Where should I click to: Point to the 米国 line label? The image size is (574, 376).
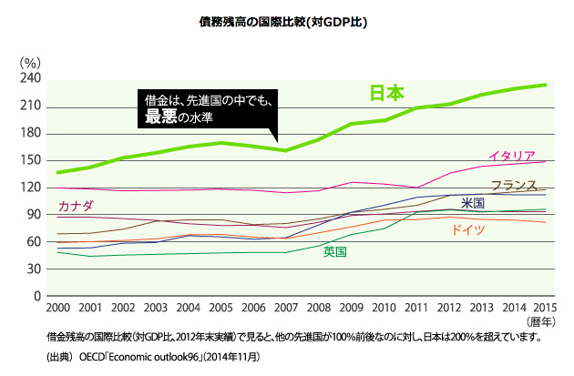click(472, 203)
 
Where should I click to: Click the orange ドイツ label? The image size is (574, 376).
click(466, 230)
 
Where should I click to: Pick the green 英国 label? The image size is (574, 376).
click(334, 251)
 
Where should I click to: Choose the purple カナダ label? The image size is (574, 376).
click(76, 208)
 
